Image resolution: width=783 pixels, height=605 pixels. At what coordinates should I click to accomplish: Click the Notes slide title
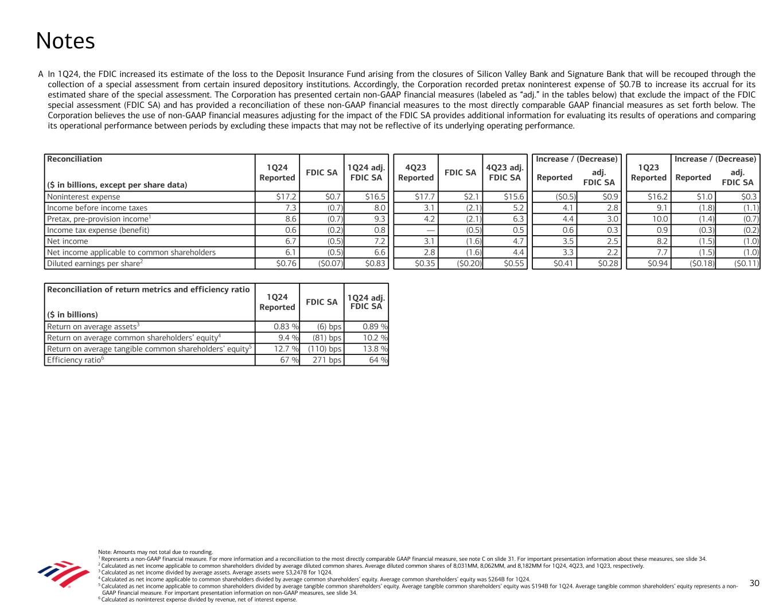[65, 41]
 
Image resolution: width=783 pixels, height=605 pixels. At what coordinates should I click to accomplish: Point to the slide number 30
[754, 583]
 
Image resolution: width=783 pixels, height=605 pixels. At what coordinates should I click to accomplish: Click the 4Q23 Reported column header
[416, 173]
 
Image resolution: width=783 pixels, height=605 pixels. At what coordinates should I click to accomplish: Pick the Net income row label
[68, 241]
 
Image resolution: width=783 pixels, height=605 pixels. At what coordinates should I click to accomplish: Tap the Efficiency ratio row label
[75, 360]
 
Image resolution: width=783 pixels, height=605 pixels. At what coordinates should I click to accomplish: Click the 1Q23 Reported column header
[649, 173]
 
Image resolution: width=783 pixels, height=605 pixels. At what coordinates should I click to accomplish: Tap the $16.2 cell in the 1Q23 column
[657, 197]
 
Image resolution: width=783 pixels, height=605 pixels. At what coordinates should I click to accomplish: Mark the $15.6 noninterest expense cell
[513, 197]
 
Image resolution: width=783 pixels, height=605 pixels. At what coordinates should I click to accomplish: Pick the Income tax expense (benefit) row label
[98, 230]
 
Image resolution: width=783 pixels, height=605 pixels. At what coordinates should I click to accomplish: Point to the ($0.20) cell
[468, 264]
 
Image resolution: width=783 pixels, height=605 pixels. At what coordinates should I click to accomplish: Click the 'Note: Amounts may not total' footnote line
[155, 552]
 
